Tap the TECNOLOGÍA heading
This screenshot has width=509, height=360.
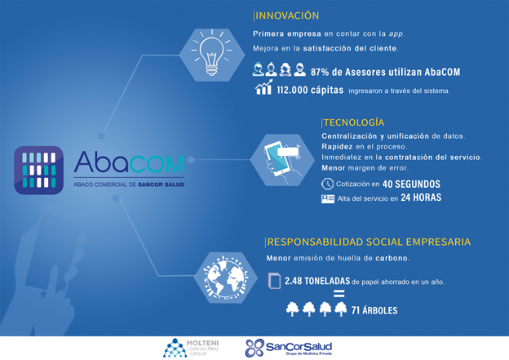[x=355, y=122]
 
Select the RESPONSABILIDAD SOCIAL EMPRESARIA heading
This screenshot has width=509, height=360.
[x=357, y=242]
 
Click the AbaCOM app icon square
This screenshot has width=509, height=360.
[x=38, y=169]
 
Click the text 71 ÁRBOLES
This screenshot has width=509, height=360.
[x=374, y=310]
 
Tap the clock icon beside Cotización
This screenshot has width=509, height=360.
[x=327, y=184]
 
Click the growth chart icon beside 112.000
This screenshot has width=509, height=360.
[x=264, y=88]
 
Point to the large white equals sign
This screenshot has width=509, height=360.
[x=338, y=295]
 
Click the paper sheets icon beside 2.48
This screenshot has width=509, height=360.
[x=274, y=281]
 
